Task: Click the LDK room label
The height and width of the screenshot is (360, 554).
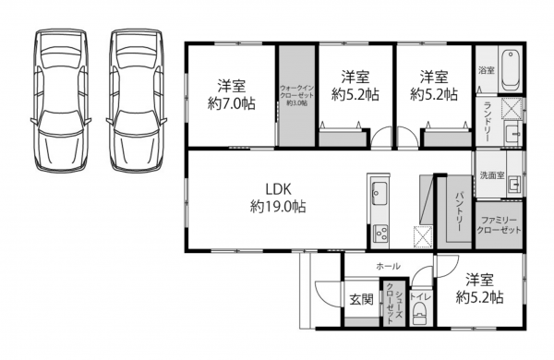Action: click(279, 189)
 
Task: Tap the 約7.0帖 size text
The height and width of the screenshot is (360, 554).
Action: click(232, 103)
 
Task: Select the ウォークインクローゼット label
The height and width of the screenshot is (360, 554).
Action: click(296, 92)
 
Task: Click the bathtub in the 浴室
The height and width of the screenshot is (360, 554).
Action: click(510, 70)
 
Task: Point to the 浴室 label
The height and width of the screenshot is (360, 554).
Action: click(487, 70)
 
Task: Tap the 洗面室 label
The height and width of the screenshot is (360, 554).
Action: click(492, 174)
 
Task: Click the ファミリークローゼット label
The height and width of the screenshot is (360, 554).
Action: click(499, 225)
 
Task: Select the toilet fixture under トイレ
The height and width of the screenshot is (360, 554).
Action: click(420, 313)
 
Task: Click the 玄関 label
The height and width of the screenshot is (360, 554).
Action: click(361, 300)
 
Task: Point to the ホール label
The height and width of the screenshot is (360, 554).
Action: click(389, 266)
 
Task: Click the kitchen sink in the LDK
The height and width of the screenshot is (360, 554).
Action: click(379, 193)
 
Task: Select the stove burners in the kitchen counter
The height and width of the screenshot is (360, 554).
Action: click(380, 234)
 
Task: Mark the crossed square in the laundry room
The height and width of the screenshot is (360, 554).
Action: click(512, 108)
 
